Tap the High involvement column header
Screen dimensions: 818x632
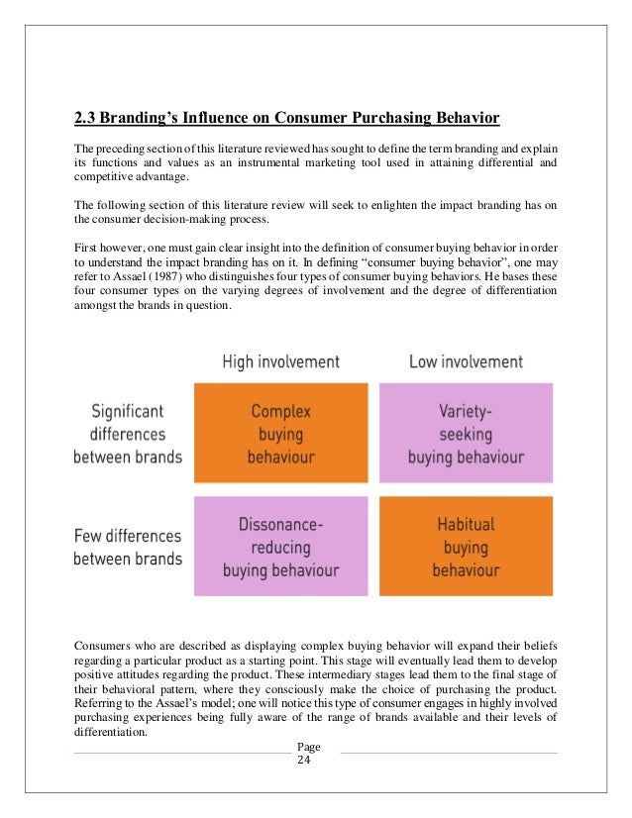coord(280,361)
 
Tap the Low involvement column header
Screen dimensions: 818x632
coord(466,361)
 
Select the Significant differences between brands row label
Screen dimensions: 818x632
coord(127,433)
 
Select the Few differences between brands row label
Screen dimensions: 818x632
coord(127,547)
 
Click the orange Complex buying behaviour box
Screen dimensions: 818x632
coord(281,433)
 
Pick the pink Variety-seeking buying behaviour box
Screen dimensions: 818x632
coord(466,433)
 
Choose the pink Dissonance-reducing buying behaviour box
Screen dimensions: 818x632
coord(281,547)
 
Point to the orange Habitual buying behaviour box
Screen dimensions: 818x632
coord(466,547)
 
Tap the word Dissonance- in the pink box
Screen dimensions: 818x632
coord(281,523)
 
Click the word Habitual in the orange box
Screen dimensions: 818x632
coord(466,524)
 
